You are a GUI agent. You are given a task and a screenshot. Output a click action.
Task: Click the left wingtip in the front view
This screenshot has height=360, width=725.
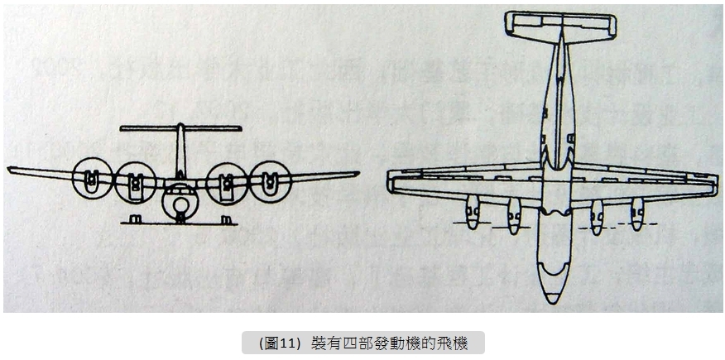point(12,170)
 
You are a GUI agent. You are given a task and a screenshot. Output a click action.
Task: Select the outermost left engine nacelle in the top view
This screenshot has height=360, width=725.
point(473,214)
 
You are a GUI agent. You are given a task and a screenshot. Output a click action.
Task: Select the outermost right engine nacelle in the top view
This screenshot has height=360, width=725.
point(636,214)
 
